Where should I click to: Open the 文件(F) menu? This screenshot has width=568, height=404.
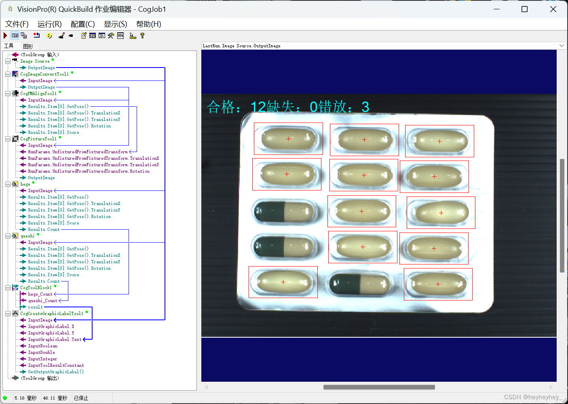pyautogui.click(x=17, y=24)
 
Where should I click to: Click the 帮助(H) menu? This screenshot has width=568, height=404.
pyautogui.click(x=148, y=24)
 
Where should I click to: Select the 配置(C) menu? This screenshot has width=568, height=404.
pyautogui.click(x=82, y=24)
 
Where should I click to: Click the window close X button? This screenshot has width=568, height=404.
pyautogui.click(x=553, y=9)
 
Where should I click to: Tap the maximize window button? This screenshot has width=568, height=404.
pyautogui.click(x=524, y=9)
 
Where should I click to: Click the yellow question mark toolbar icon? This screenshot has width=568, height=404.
pyautogui.click(x=142, y=36)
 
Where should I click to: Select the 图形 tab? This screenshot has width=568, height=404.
pyautogui.click(x=28, y=46)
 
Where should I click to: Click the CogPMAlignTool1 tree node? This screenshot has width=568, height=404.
pyautogui.click(x=38, y=93)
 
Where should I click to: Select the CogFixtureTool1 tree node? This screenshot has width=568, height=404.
pyautogui.click(x=38, y=139)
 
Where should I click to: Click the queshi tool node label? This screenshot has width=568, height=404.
pyautogui.click(x=27, y=236)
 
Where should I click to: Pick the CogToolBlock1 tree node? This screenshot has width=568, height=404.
pyautogui.click(x=36, y=288)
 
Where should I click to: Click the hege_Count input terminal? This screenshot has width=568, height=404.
pyautogui.click(x=40, y=294)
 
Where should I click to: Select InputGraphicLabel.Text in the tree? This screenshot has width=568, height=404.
pyautogui.click(x=55, y=339)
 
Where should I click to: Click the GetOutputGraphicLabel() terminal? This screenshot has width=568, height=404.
pyautogui.click(x=56, y=372)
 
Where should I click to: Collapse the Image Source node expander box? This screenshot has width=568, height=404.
pyautogui.click(x=8, y=61)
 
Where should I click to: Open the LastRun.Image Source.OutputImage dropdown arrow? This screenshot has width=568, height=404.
pyautogui.click(x=561, y=46)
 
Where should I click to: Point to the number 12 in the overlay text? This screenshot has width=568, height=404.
pyautogui.click(x=258, y=107)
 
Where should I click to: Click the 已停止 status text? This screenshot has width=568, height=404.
pyautogui.click(x=81, y=398)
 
